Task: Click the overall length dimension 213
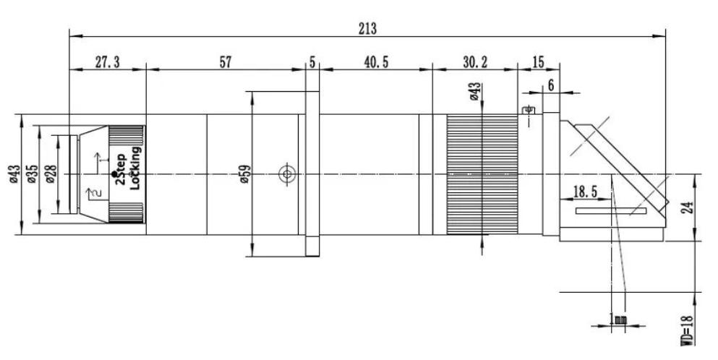(x=367, y=28)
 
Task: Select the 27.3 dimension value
(x=107, y=62)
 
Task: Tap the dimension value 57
(x=226, y=62)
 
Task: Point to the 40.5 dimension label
(x=376, y=62)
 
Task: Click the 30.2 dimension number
(x=475, y=62)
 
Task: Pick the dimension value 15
(x=539, y=62)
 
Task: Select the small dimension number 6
(x=550, y=85)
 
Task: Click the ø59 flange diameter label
(x=244, y=174)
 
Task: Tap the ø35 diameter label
(x=32, y=174)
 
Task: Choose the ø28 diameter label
(x=51, y=174)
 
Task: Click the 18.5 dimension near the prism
(x=585, y=192)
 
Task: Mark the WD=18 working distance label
(x=686, y=330)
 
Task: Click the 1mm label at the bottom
(x=618, y=320)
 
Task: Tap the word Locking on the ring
(x=135, y=168)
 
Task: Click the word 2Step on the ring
(x=121, y=169)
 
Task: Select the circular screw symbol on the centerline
(x=287, y=174)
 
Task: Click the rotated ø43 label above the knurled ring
(x=475, y=91)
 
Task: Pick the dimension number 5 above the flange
(x=312, y=62)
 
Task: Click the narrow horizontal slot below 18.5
(x=611, y=211)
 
